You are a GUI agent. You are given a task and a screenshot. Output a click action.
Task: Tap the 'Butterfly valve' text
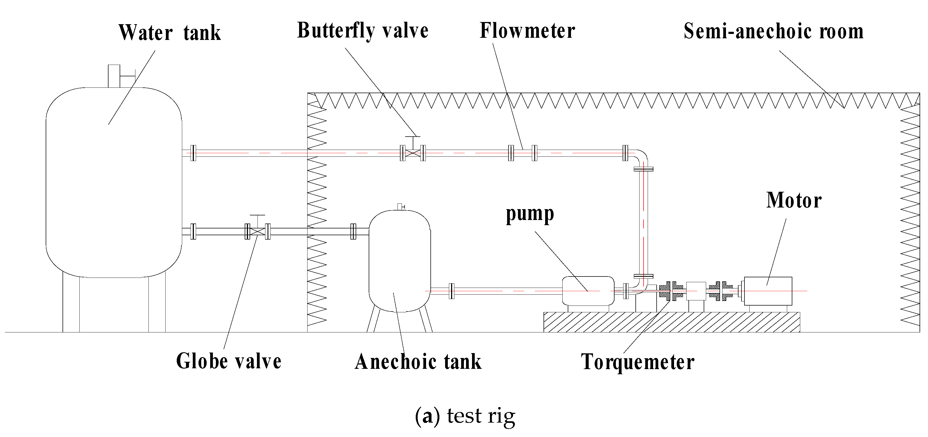tap(362, 31)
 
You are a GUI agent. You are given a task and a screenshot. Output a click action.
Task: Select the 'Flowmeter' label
tap(527, 31)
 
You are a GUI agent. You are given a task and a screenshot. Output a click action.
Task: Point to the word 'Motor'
tap(794, 200)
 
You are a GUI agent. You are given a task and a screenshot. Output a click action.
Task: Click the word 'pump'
tap(530, 214)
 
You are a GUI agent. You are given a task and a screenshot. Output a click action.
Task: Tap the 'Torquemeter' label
tap(638, 362)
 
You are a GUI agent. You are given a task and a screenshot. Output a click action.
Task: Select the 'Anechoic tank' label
tap(418, 362)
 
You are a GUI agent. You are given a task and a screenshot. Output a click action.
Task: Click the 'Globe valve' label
tap(228, 361)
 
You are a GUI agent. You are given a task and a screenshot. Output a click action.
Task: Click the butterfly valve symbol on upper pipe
tap(413, 153)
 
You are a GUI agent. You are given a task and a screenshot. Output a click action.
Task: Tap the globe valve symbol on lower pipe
tap(257, 231)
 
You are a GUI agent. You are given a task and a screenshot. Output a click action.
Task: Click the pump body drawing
tap(588, 291)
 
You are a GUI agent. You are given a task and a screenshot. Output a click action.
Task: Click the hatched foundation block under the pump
tap(672, 322)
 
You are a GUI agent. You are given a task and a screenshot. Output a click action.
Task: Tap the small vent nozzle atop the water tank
tap(114, 76)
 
